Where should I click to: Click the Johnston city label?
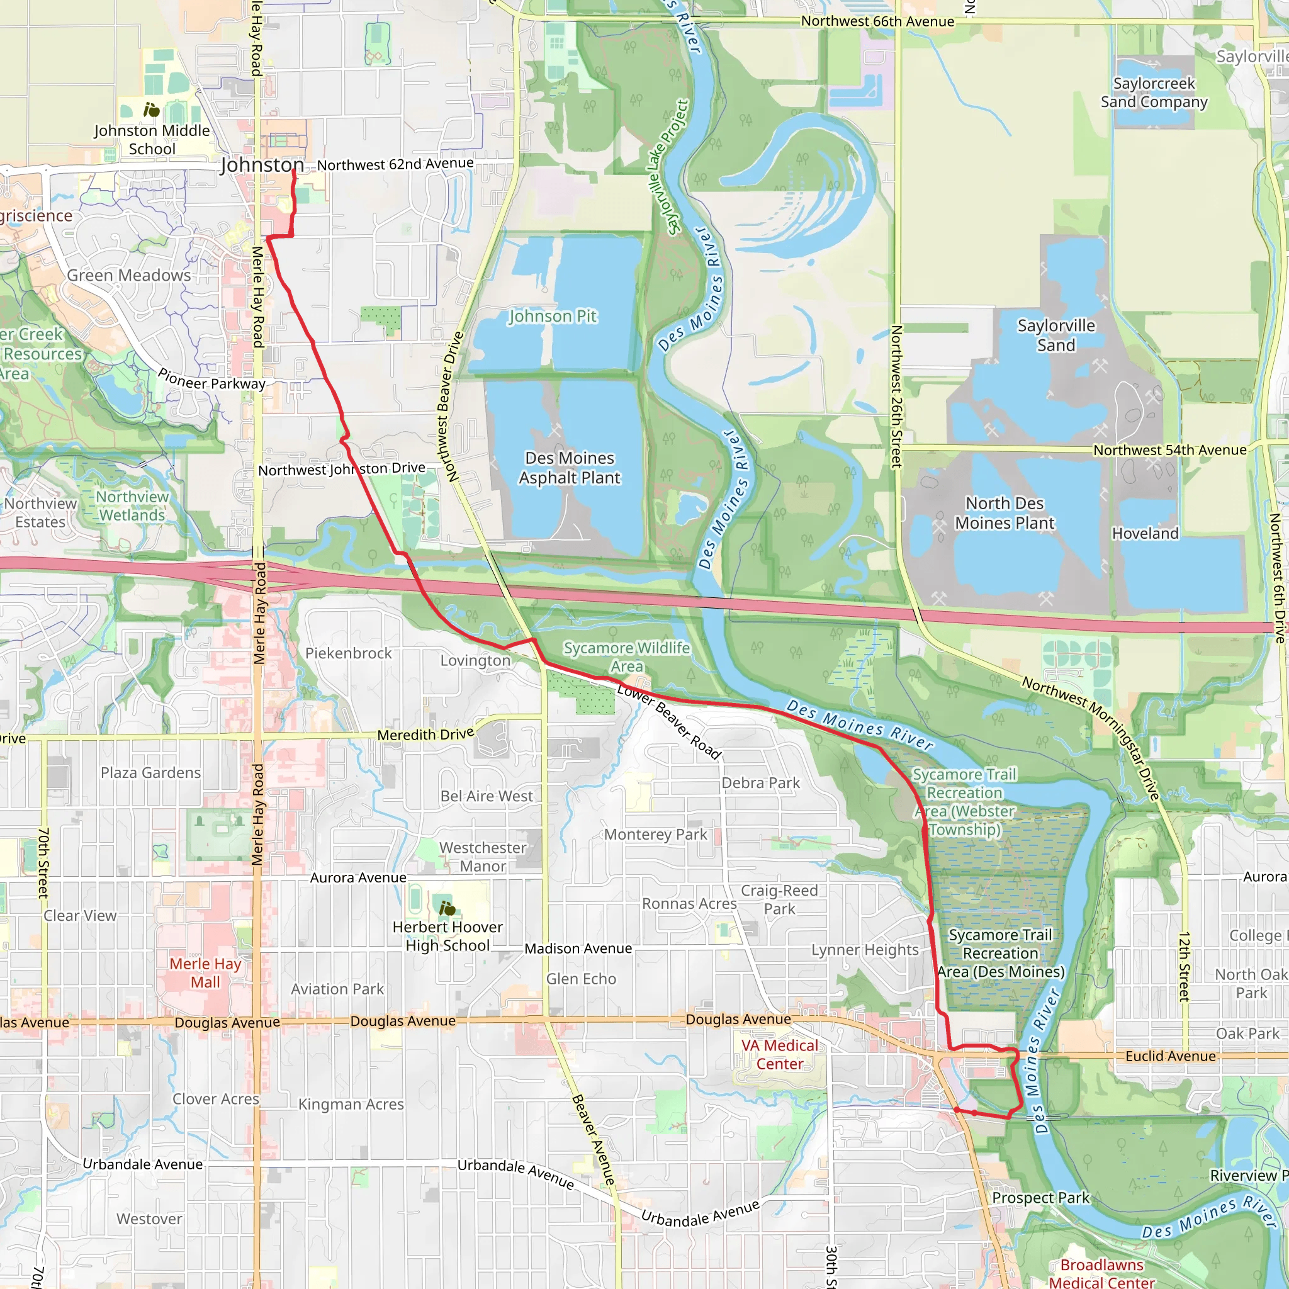click(262, 165)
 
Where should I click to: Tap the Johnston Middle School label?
click(152, 140)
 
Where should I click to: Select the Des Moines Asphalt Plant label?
click(570, 468)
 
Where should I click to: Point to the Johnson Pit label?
click(553, 316)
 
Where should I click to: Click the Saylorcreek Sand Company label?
click(1154, 93)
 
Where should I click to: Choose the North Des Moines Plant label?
click(1004, 513)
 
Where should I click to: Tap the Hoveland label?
click(1145, 534)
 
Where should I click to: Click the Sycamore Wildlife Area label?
click(626, 657)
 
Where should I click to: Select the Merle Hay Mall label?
click(205, 973)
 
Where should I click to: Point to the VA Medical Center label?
click(779, 1055)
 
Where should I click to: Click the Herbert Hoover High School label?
click(447, 936)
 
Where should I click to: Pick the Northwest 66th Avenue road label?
click(877, 21)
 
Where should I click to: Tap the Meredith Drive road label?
click(425, 735)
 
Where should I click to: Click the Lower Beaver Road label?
click(669, 722)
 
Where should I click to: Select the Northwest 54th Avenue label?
click(1169, 451)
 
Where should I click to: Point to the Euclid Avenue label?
click(1170, 1056)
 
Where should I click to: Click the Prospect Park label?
click(1040, 1198)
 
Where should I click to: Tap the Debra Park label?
click(760, 782)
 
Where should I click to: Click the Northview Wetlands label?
click(132, 506)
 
